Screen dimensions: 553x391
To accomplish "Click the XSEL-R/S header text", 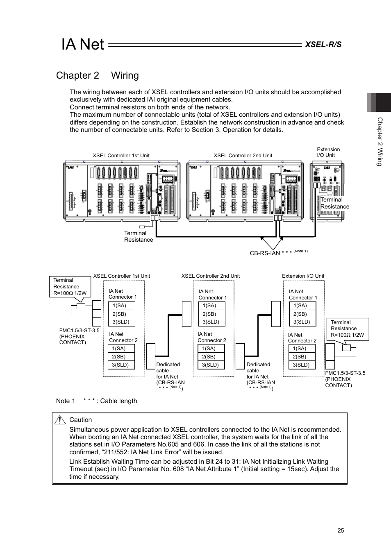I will tap(323, 44).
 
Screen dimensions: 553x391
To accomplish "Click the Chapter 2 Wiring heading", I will tap(98, 75).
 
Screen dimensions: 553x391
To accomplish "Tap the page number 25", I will tap(341, 530).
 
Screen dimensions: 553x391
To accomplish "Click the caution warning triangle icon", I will tap(61, 419).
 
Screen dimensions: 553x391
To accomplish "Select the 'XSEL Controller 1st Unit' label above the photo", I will tap(121, 156).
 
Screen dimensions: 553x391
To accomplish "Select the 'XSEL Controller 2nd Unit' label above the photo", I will tap(243, 156).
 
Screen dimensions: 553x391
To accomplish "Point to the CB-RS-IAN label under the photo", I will tap(265, 253).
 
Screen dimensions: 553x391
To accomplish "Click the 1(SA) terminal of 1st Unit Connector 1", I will tap(121, 306).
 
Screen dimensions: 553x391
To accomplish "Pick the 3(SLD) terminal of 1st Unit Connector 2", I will tap(121, 365).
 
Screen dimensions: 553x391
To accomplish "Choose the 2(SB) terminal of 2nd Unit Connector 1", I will tap(211, 314).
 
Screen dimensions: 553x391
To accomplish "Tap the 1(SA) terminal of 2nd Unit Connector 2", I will tap(211, 349).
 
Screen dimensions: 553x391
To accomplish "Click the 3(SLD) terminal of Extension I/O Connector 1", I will tap(302, 322).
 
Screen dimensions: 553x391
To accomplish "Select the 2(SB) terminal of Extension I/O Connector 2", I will tap(301, 357).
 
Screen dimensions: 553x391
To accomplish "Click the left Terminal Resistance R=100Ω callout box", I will tap(70, 287).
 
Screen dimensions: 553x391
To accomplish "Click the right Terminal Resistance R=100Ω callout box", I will tap(347, 329).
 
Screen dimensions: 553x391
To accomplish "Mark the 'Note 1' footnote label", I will tap(66, 401).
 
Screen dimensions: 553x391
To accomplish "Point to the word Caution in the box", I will tap(81, 420).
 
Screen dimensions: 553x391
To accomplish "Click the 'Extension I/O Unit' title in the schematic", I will tap(303, 276).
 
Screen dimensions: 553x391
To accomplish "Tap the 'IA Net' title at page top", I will tap(83, 44).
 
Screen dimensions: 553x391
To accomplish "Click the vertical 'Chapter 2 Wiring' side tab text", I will tap(380, 142).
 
